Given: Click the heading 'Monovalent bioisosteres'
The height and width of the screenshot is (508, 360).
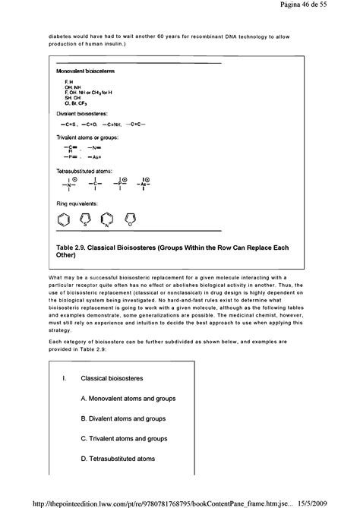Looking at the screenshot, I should click(86, 70).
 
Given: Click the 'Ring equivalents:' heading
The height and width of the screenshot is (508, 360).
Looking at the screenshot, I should click(79, 204).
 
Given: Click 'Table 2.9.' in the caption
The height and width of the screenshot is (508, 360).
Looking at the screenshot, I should click(73, 248).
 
